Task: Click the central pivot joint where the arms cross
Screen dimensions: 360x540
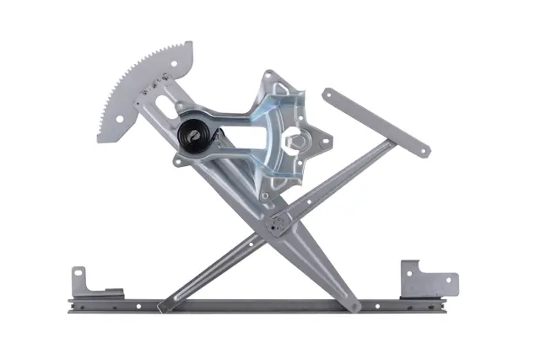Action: (x=276, y=224)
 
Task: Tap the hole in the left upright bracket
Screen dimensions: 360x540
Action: (x=78, y=275)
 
